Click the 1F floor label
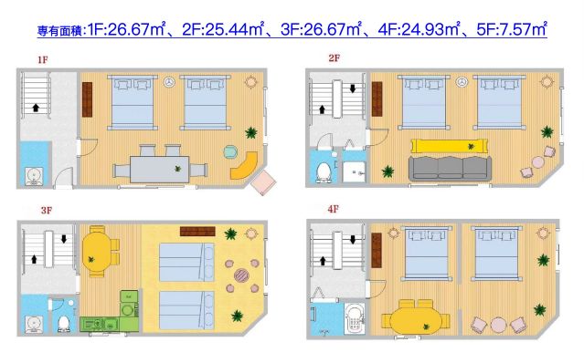(x=43, y=61)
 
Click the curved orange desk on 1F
(x=242, y=165)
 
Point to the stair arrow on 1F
(x=37, y=108)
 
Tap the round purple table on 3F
(x=242, y=273)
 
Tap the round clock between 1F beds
(x=170, y=83)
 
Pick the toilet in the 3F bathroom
(x=64, y=322)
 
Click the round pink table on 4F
(x=499, y=324)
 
